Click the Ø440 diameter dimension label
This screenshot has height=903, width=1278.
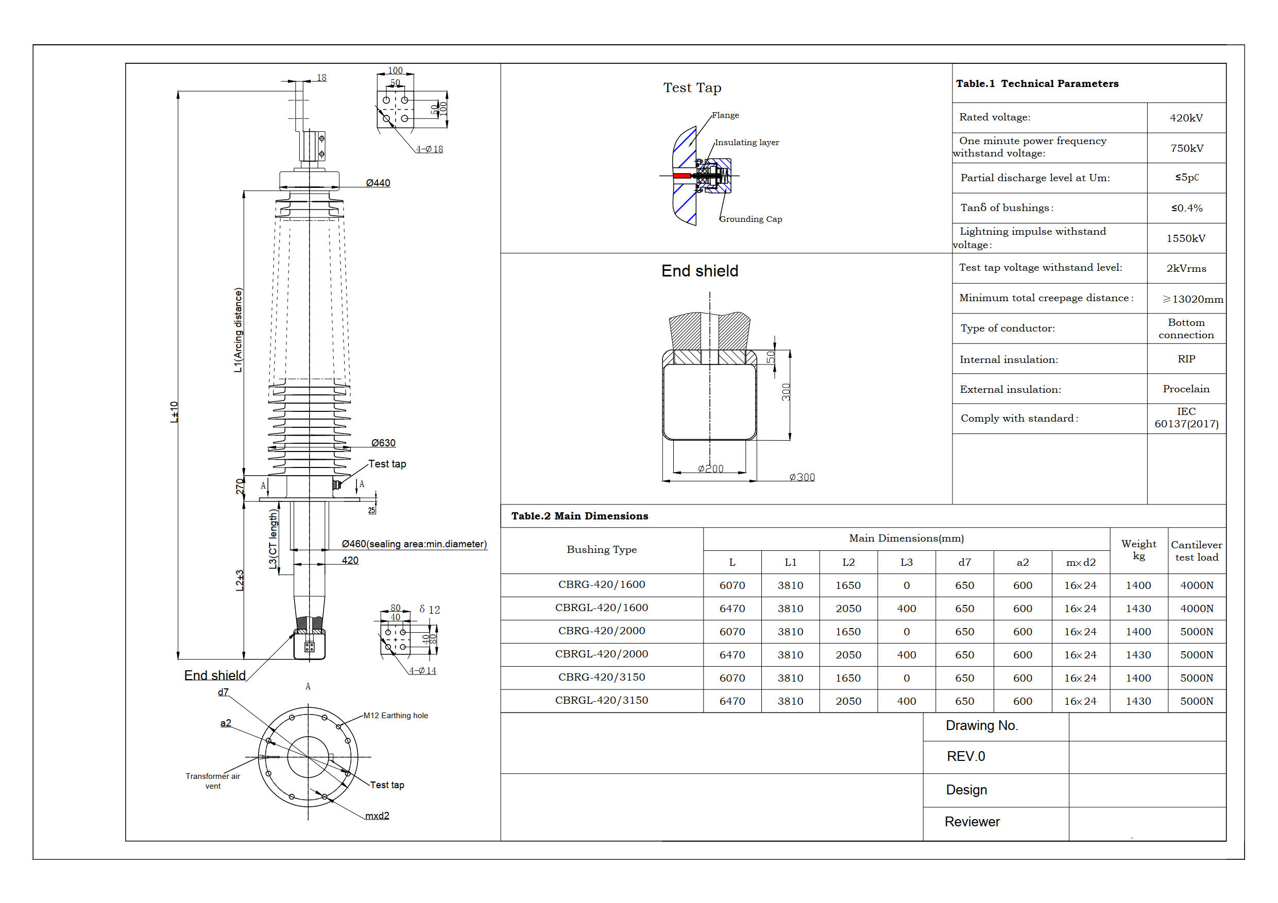(x=378, y=183)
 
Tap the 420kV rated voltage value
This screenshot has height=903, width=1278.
(x=1186, y=118)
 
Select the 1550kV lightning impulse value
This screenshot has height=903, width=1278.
(x=1186, y=239)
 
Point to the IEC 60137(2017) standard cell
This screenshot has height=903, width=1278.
(x=1186, y=418)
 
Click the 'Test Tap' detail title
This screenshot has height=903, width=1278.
(x=692, y=88)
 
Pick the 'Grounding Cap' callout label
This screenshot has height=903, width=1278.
(x=751, y=219)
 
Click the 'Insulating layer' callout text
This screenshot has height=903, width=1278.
(x=746, y=143)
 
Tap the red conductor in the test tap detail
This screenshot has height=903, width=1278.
(x=681, y=176)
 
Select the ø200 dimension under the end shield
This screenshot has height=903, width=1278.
(x=711, y=469)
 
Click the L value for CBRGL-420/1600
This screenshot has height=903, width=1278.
(x=732, y=609)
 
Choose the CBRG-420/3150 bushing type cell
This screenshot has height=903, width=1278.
(x=602, y=678)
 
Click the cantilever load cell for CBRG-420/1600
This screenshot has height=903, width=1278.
(x=1197, y=585)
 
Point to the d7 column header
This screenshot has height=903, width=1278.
(x=965, y=563)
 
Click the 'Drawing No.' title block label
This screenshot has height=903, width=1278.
(x=982, y=725)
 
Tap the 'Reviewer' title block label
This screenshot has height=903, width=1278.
(x=972, y=822)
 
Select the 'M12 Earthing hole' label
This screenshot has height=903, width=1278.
(x=395, y=716)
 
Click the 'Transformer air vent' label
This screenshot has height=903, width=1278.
(x=213, y=780)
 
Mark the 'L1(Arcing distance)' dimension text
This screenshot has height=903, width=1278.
(x=238, y=330)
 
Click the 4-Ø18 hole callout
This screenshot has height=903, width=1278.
(x=430, y=149)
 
